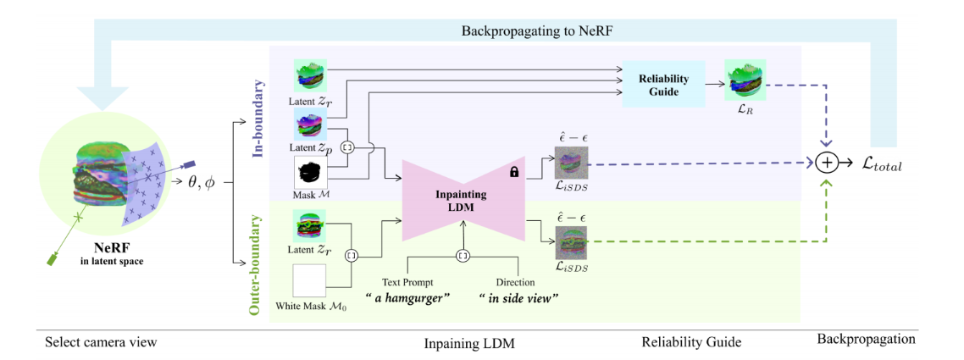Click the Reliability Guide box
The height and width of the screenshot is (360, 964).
pyautogui.click(x=663, y=84)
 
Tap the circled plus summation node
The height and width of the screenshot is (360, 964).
pyautogui.click(x=828, y=163)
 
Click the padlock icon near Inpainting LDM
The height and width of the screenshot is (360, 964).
pyautogui.click(x=513, y=171)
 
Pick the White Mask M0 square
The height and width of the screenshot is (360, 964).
pyautogui.click(x=308, y=280)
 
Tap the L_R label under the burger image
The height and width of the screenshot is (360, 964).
pyautogui.click(x=746, y=110)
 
